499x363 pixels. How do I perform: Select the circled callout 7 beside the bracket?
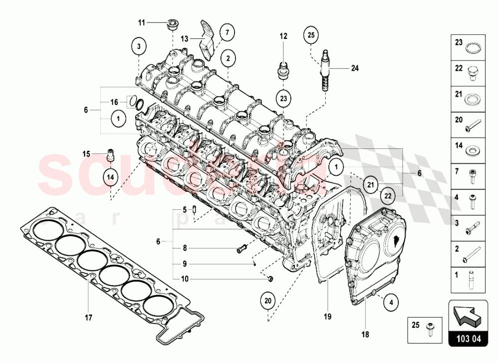coord(227,32)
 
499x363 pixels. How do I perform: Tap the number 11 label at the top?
coord(141,22)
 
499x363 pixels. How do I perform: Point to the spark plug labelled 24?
coord(326,70)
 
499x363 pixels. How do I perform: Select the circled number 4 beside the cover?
coord(391,302)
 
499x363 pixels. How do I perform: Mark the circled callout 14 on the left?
coord(111,176)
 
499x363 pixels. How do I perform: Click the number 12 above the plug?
coord(283,36)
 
